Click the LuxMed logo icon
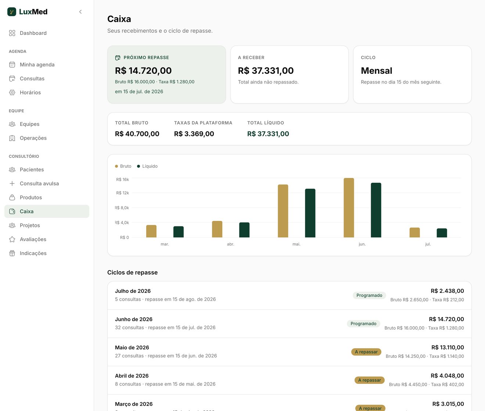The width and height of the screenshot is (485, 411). (x=11, y=12)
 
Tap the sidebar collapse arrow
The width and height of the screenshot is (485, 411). (x=80, y=12)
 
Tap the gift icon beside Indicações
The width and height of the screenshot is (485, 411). (x=12, y=253)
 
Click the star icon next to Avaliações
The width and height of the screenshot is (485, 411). (x=12, y=239)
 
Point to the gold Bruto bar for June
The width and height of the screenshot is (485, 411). (x=349, y=208)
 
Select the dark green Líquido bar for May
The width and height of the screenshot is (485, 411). (x=310, y=213)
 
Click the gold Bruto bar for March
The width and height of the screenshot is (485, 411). (x=151, y=231)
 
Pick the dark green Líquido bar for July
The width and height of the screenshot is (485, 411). (x=442, y=233)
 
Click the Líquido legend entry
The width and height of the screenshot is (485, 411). (x=147, y=166)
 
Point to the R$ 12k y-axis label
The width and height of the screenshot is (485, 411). (x=122, y=193)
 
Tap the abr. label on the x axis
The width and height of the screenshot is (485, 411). (x=230, y=244)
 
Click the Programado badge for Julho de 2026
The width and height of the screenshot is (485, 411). (x=369, y=295)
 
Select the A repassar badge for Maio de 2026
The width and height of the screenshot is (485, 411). (x=366, y=352)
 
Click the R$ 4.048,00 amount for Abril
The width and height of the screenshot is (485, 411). (x=447, y=376)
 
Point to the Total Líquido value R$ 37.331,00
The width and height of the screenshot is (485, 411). (x=268, y=134)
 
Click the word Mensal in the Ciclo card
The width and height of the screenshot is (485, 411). (x=376, y=70)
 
